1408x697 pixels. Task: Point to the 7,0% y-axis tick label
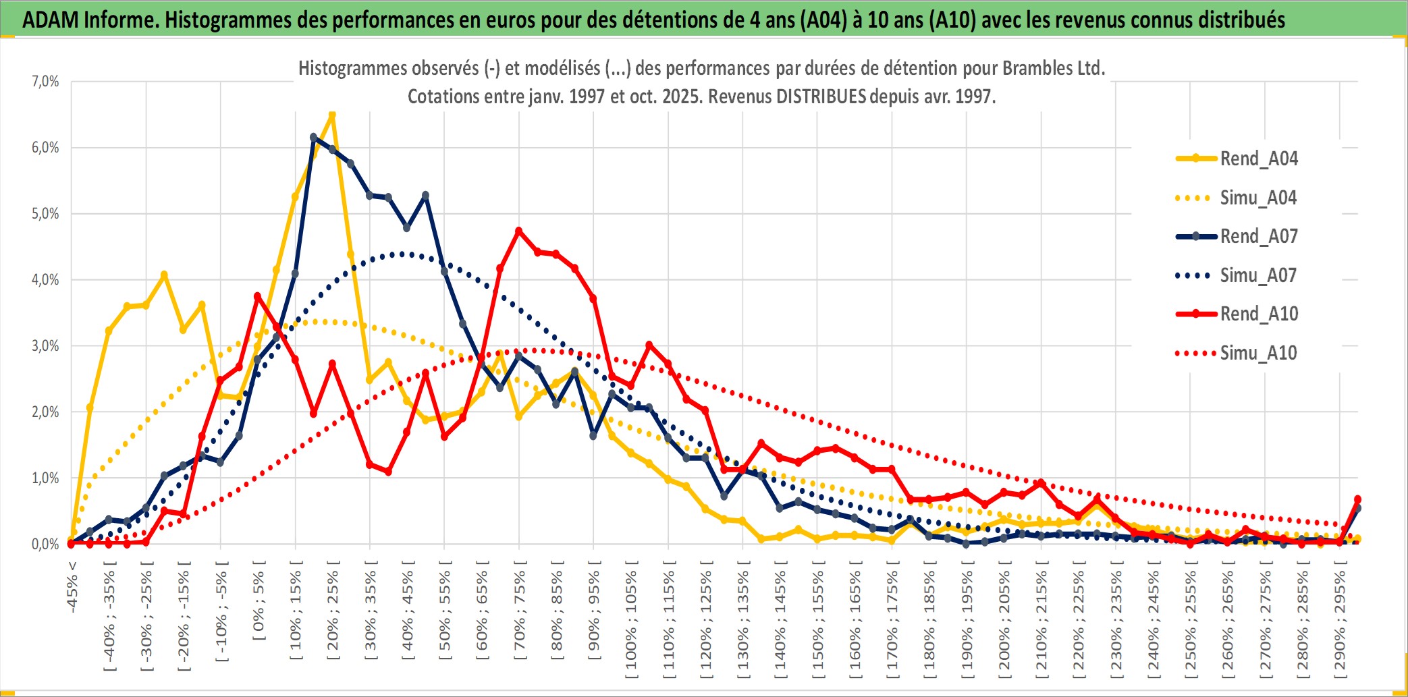click(45, 82)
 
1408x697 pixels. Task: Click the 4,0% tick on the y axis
click(45, 280)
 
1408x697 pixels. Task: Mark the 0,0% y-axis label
click(45, 545)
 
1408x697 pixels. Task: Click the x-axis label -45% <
click(72, 587)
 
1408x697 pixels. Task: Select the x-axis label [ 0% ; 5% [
click(259, 601)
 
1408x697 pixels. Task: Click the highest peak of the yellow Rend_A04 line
click(331, 115)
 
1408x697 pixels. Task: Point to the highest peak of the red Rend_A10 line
click(518, 231)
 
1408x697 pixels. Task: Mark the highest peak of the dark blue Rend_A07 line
click(313, 137)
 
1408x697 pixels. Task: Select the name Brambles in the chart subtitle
click(1032, 68)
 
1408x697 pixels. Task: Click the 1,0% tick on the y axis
click(45, 478)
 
